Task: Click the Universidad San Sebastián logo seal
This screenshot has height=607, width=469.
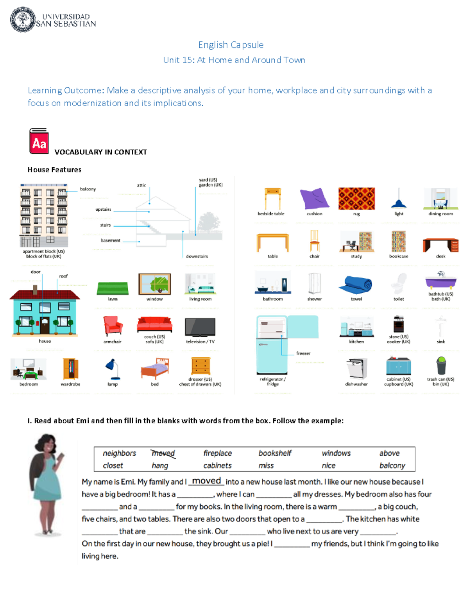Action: click(x=23, y=20)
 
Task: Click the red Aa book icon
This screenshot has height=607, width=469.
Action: click(x=39, y=141)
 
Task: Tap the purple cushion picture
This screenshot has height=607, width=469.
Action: click(x=314, y=199)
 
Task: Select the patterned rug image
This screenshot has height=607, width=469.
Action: click(x=356, y=199)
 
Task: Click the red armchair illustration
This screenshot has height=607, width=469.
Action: click(x=113, y=326)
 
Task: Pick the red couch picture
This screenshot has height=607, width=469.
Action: click(x=155, y=324)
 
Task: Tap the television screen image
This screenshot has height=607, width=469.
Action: click(x=200, y=327)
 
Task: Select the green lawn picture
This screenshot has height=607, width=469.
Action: click(x=113, y=288)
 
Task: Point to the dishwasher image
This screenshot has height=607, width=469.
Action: click(x=356, y=369)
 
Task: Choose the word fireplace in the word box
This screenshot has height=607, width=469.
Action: click(x=217, y=453)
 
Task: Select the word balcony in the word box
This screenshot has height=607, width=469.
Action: click(x=392, y=466)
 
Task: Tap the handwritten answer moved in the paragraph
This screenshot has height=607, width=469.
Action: click(x=206, y=481)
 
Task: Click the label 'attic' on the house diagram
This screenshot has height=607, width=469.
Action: click(x=141, y=185)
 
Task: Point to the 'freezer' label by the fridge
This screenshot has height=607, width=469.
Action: click(x=303, y=353)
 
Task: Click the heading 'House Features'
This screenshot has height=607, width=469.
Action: click(x=54, y=170)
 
